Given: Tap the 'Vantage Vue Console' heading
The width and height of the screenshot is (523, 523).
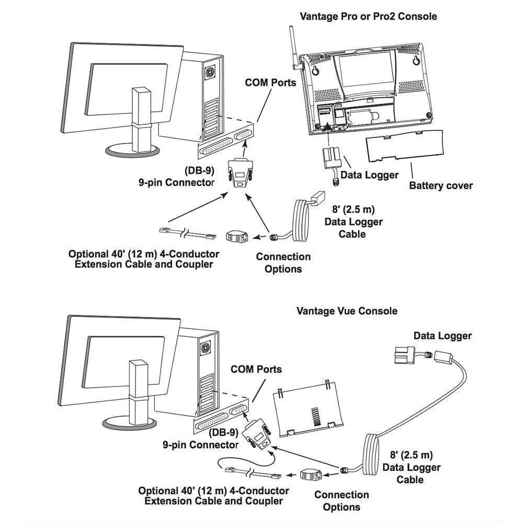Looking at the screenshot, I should (x=347, y=311).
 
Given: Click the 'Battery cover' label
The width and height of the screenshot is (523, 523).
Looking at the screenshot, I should (x=440, y=185).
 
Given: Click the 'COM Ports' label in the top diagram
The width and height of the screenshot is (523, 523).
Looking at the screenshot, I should (x=270, y=83).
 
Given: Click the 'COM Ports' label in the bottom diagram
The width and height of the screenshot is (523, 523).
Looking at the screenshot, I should (x=256, y=369).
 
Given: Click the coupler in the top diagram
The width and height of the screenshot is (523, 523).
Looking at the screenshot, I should (x=237, y=236).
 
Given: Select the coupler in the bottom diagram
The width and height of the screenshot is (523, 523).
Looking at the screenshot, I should (x=312, y=475).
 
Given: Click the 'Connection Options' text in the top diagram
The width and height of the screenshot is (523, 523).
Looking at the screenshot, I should (x=283, y=263).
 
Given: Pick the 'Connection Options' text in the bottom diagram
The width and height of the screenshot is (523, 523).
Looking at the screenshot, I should (x=341, y=501).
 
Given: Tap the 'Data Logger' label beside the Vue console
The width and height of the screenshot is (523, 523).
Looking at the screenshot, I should (x=442, y=336).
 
